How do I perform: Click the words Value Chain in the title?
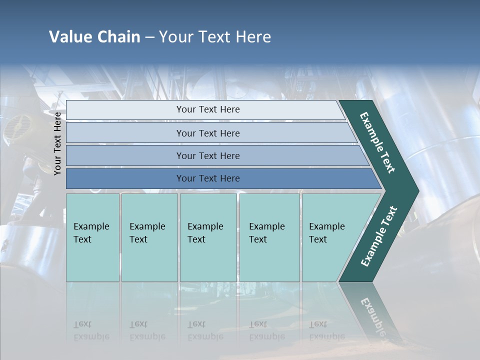pyautogui.click(x=94, y=37)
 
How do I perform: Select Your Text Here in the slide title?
pyautogui.click(x=215, y=37)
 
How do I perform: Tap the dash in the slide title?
pyautogui.click(x=149, y=37)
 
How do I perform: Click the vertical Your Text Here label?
pyautogui.click(x=57, y=144)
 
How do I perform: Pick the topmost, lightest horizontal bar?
pyautogui.click(x=207, y=109)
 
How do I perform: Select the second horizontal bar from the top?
pyautogui.click(x=207, y=133)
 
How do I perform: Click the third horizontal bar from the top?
pyautogui.click(x=207, y=155)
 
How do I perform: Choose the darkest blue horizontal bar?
pyautogui.click(x=207, y=178)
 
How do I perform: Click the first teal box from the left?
pyautogui.click(x=92, y=237)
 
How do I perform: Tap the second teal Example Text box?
pyautogui.click(x=149, y=237)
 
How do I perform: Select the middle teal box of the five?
pyautogui.click(x=208, y=237)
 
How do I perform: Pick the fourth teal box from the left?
pyautogui.click(x=269, y=237)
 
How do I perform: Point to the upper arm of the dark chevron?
pyautogui.click(x=377, y=142)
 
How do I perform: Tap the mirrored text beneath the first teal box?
pyautogui.click(x=91, y=330)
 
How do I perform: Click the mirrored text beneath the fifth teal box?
pyautogui.click(x=326, y=330)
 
